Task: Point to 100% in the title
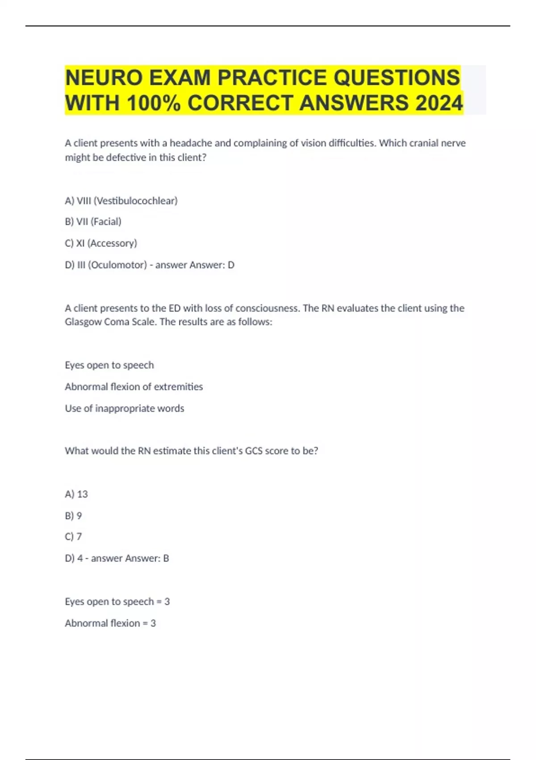[154, 103]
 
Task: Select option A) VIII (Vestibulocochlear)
[121, 201]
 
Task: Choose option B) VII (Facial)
[93, 222]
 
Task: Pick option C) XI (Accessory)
[101, 243]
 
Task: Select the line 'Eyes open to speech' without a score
[109, 365]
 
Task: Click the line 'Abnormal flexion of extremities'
[134, 387]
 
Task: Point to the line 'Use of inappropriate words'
[124, 409]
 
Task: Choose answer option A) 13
[76, 494]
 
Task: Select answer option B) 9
[73, 515]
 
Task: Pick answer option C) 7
[73, 536]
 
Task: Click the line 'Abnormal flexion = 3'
[110, 623]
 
